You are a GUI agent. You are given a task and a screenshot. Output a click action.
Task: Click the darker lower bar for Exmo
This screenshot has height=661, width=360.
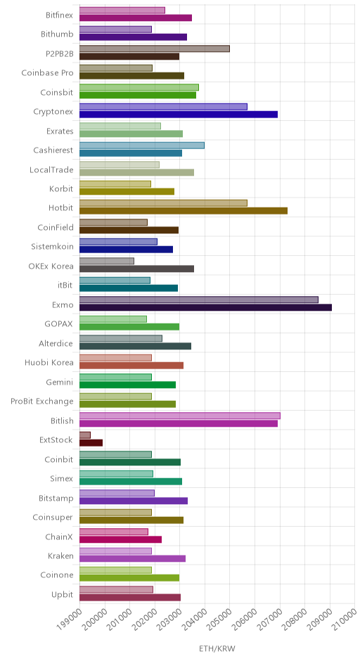pyautogui.click(x=205, y=307)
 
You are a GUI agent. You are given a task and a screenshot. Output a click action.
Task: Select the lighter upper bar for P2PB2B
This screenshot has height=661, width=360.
pyautogui.click(x=154, y=49)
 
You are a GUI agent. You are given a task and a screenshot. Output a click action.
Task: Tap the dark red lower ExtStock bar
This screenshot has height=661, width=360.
pyautogui.click(x=91, y=442)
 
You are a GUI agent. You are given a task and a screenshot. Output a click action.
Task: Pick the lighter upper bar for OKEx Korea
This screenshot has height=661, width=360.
pyautogui.click(x=107, y=261)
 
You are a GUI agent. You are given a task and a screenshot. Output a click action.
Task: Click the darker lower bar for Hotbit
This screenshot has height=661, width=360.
pyautogui.click(x=184, y=211)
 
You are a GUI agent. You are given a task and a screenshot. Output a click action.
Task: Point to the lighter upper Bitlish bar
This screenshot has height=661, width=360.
pyautogui.click(x=179, y=416)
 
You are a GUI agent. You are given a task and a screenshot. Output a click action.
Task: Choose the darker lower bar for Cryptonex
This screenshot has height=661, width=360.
pyautogui.click(x=179, y=114)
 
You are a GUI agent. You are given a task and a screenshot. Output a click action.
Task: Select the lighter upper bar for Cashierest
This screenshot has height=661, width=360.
pyautogui.click(x=141, y=145)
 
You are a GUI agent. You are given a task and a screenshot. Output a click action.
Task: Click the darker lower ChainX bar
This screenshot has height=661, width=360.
pyautogui.click(x=120, y=539)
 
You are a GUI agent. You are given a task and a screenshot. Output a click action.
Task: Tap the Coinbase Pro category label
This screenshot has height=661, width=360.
pyautogui.click(x=47, y=73)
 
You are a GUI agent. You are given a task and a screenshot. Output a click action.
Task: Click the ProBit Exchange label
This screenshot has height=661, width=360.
pyautogui.click(x=41, y=402)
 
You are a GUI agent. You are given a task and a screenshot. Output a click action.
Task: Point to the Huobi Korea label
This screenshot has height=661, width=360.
pyautogui.click(x=49, y=363)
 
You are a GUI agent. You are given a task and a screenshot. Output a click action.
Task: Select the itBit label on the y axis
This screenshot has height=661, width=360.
pyautogui.click(x=65, y=285)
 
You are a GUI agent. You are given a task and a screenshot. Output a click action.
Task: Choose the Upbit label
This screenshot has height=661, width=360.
pyautogui.click(x=62, y=595)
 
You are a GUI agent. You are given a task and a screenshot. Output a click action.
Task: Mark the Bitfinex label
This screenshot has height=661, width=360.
pyautogui.click(x=60, y=15)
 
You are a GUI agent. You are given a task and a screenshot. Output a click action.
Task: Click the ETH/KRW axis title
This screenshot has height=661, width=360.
pyautogui.click(x=217, y=648)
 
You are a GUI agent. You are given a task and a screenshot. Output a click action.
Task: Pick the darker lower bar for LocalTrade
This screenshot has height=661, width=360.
pyautogui.click(x=136, y=172)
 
